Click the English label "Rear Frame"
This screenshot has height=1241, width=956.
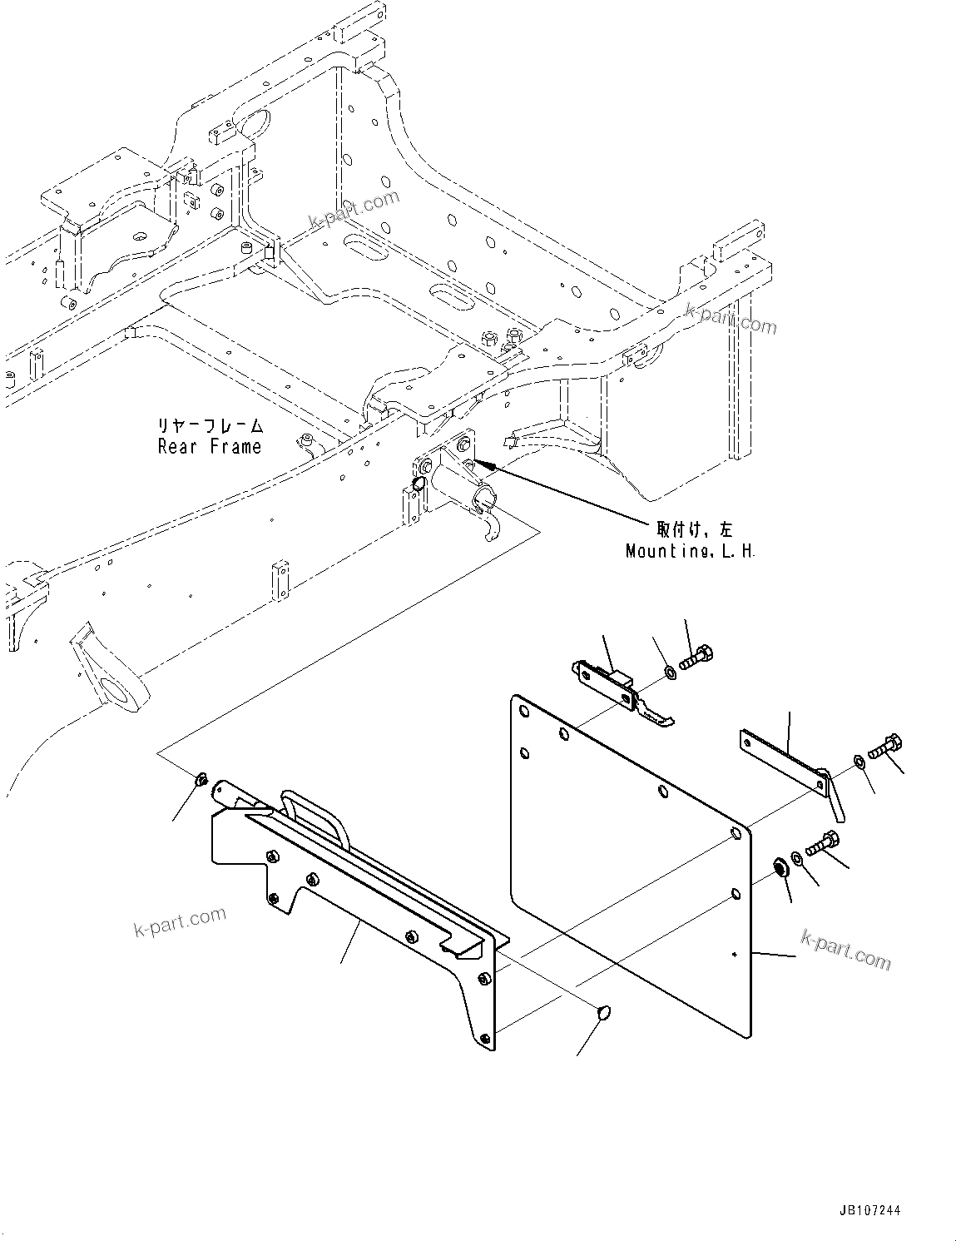210,447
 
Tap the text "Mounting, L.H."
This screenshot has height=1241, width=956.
691,551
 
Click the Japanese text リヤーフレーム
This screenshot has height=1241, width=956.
211,426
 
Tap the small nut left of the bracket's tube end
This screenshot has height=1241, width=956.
200,780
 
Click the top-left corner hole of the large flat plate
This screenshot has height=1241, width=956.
523,712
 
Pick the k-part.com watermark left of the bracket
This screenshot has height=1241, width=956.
180,921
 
